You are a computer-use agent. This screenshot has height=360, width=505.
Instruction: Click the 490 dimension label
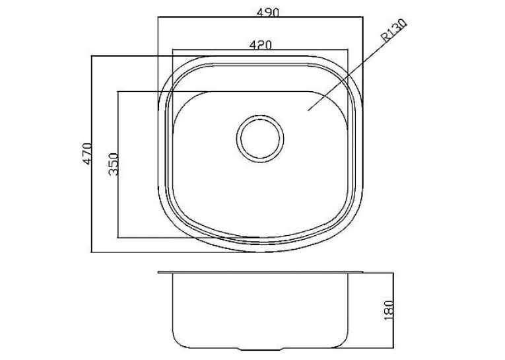267,13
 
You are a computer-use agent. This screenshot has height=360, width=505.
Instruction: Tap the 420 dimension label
261,45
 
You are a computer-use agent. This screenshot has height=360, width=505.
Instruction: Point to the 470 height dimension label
88,153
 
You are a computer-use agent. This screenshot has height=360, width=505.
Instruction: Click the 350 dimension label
114,164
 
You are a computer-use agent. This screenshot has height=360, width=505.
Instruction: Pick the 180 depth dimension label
389,310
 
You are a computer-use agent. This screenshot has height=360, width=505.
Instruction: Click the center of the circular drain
260,139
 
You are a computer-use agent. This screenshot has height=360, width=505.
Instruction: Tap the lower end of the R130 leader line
308,110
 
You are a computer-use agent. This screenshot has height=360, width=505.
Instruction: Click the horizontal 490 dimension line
260,17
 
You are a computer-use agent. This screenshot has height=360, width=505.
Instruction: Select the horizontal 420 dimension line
260,50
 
